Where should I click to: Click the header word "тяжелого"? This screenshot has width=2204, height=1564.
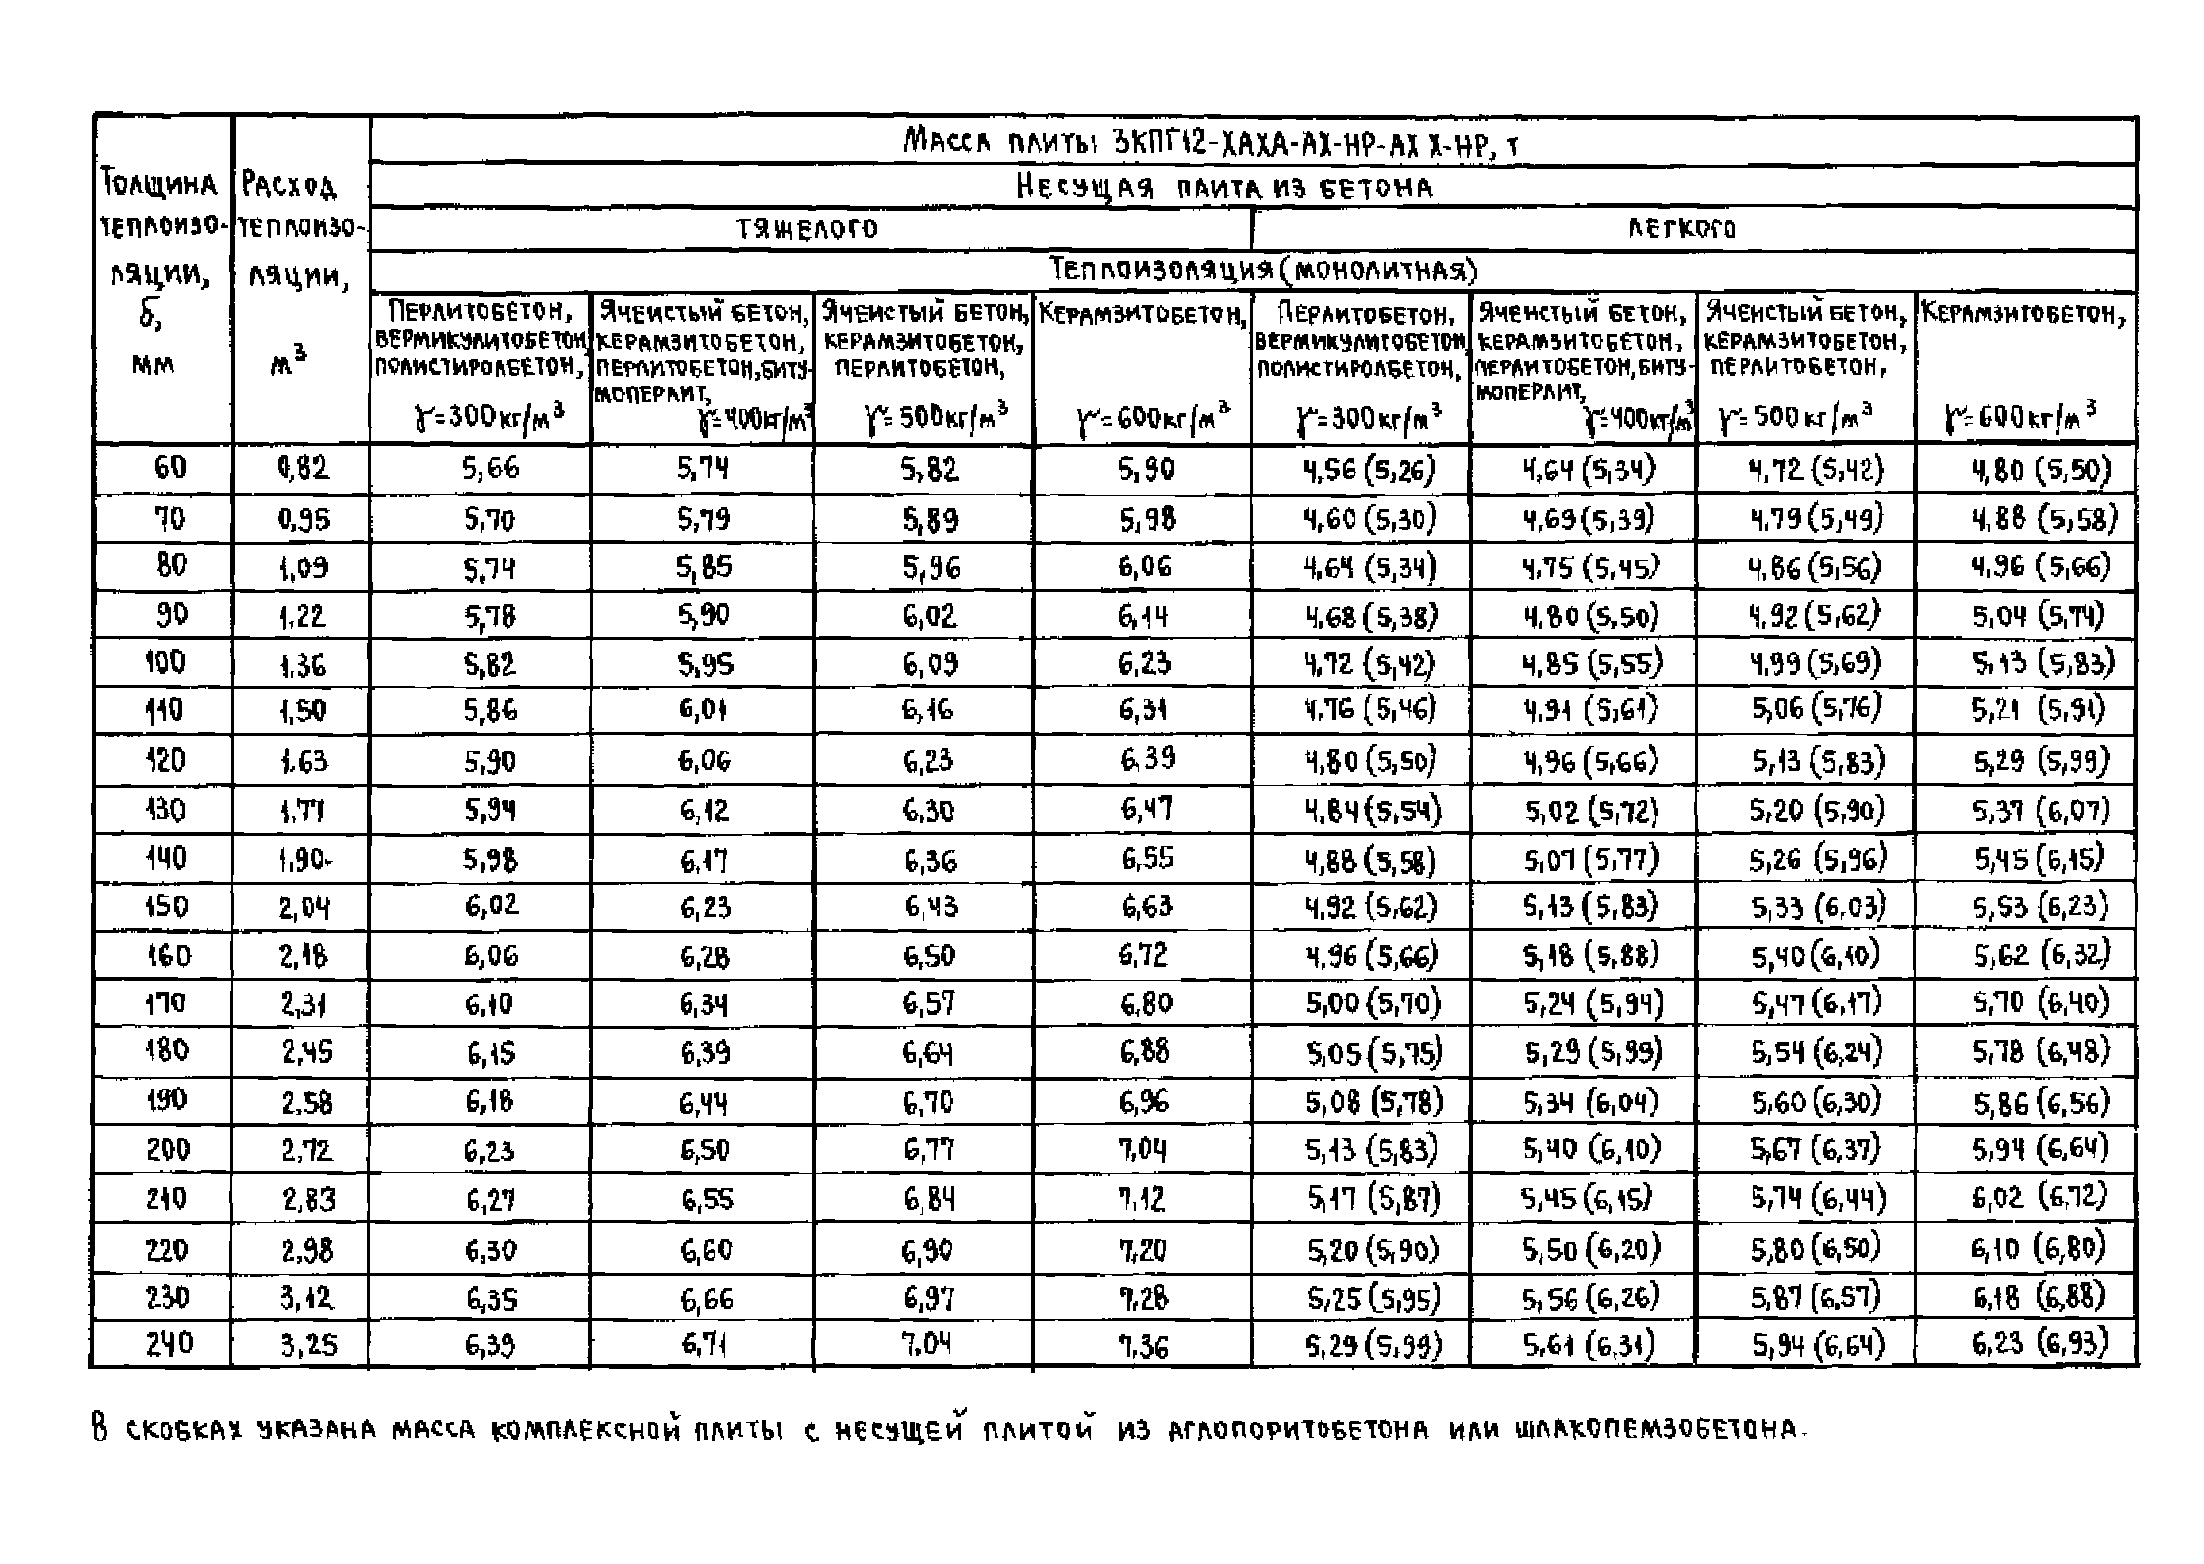point(807,229)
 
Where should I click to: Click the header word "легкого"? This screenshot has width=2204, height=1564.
point(1681,229)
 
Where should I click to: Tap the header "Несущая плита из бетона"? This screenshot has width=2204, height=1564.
point(1223,187)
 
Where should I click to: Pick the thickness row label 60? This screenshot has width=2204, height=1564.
point(169,468)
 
